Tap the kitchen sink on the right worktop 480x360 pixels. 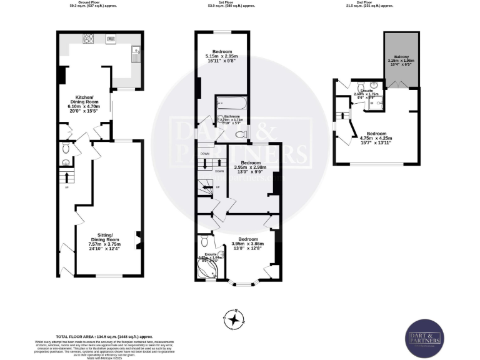coord(134,54)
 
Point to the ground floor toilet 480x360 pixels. coord(66,149)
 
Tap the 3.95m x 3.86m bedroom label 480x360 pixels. coord(247,244)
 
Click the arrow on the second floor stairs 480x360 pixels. coord(342,115)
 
